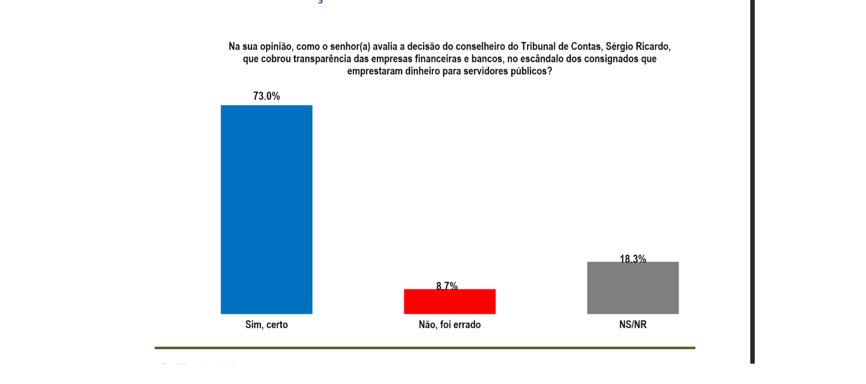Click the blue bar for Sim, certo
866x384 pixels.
(266, 209)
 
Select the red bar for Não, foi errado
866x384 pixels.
(449, 302)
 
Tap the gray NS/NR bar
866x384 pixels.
(633, 288)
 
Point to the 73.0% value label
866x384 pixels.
(267, 96)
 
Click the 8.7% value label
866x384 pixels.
(447, 286)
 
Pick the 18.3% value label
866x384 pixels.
(633, 258)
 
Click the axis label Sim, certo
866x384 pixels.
(266, 324)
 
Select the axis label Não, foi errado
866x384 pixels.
(449, 324)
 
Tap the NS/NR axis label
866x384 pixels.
(633, 324)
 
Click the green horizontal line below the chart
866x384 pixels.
(425, 348)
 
